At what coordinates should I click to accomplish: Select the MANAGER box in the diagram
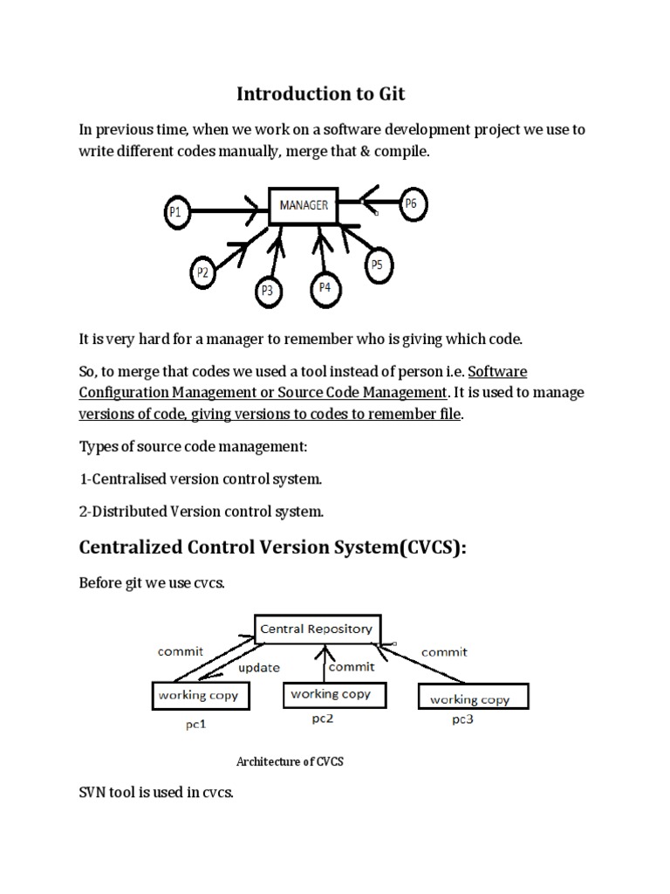tap(304, 206)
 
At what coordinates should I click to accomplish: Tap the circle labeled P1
tap(177, 211)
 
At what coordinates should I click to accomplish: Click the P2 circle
tap(202, 272)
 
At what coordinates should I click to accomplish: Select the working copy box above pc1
tap(200, 696)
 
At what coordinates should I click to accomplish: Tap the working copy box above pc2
tap(330, 695)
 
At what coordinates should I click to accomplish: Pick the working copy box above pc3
tap(468, 698)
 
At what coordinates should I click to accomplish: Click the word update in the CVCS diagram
tap(258, 668)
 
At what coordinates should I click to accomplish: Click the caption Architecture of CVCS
tap(290, 761)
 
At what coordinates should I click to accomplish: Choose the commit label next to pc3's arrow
tap(444, 652)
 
